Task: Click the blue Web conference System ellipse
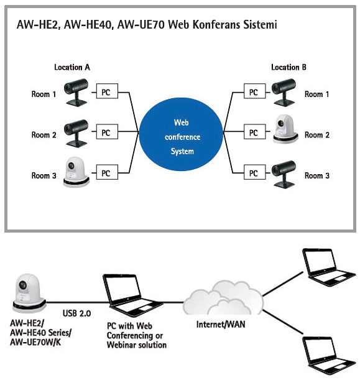pos(181,134)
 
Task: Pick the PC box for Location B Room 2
pos(254,132)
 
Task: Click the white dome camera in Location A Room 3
pos(76,172)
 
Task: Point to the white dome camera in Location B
pos(285,129)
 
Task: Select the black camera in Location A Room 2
pos(76,133)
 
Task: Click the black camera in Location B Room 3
pos(284,174)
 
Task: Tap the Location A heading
pos(72,67)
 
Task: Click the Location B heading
pos(288,67)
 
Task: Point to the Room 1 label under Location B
pos(316,94)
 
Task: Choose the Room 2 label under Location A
pos(44,135)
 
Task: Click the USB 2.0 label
pos(77,313)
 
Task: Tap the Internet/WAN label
pos(221,324)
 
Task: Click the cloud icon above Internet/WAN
pos(223,297)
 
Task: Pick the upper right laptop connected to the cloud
pos(328,267)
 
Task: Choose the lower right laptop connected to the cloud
pos(328,355)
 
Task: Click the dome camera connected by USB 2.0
pos(29,293)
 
